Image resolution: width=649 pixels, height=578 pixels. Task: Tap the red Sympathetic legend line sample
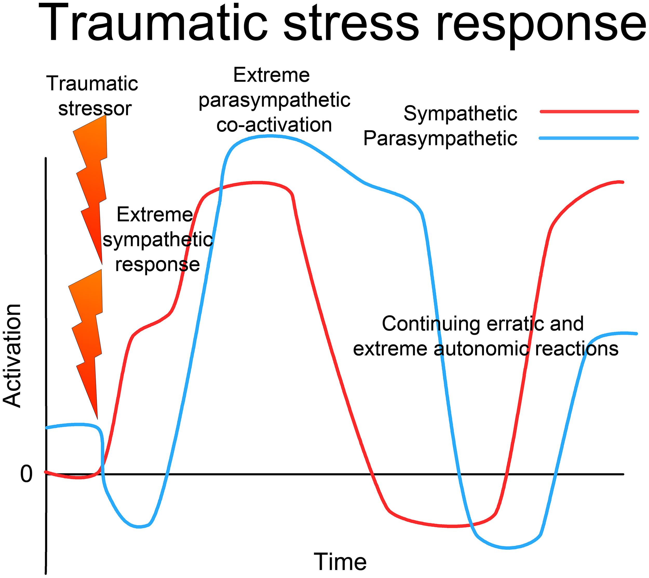tap(589, 111)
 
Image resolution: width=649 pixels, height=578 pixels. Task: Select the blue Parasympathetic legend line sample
tap(589, 138)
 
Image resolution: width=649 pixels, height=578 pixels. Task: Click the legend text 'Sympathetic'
tap(460, 114)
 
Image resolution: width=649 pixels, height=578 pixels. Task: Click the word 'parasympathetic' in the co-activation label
tap(274, 100)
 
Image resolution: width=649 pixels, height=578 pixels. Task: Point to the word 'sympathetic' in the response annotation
tap(158, 240)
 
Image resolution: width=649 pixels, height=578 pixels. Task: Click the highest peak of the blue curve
tap(270, 136)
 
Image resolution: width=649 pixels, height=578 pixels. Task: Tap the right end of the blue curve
tap(636, 333)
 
